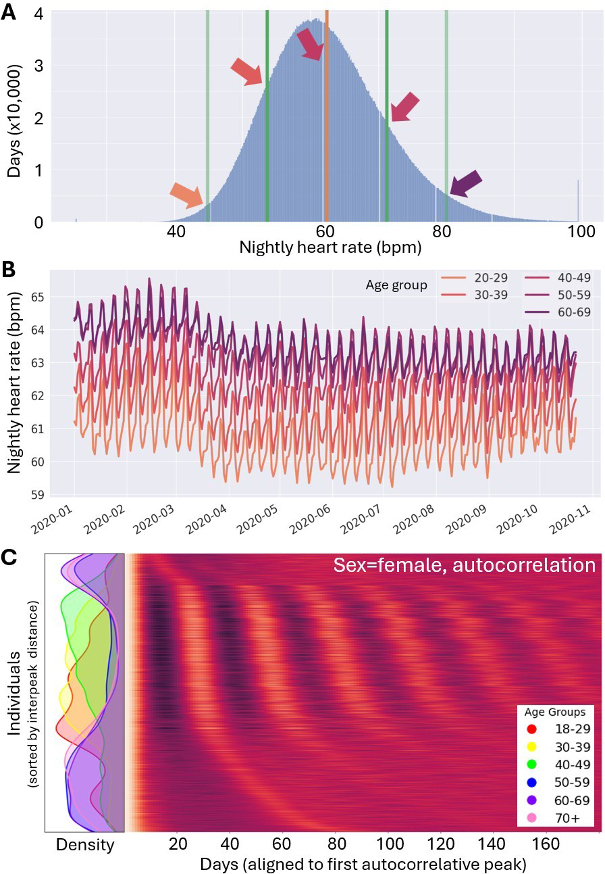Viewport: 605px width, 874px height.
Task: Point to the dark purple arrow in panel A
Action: [465, 183]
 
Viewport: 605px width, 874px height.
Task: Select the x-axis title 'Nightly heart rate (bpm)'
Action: [330, 248]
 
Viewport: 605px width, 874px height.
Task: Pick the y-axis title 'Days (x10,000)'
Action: [14, 121]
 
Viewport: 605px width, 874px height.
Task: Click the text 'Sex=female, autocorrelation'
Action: [464, 565]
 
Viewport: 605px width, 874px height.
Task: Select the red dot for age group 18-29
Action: [531, 729]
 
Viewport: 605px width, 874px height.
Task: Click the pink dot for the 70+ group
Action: [531, 819]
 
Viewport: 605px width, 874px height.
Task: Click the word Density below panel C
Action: [85, 844]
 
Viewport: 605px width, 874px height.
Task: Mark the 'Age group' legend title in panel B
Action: [400, 285]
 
